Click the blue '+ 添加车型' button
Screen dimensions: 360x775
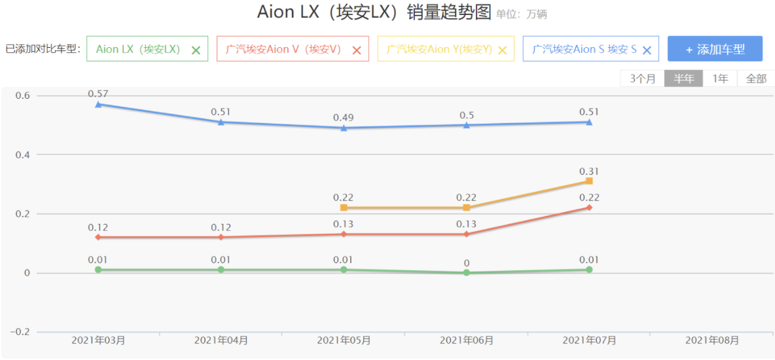(715, 49)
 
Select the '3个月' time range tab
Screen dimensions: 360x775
(642, 79)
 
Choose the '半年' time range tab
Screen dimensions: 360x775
(684, 79)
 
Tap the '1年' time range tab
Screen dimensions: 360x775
(720, 79)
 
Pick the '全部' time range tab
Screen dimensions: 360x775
(756, 79)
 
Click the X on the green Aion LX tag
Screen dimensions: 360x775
(196, 50)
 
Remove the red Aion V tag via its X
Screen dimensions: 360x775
(357, 50)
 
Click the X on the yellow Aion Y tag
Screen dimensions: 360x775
(503, 50)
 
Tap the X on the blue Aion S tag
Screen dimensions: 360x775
(647, 50)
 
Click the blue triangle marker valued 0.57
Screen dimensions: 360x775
(98, 104)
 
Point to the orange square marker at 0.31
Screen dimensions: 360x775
(589, 181)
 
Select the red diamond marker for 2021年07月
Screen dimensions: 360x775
(589, 207)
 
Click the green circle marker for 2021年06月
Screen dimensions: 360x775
(467, 272)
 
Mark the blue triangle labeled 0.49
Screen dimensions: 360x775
(344, 128)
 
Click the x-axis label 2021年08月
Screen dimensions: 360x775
(712, 340)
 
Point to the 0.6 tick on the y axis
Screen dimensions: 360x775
(23, 96)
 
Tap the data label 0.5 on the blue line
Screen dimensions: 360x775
(467, 115)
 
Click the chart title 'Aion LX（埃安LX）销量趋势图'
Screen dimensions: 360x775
(374, 12)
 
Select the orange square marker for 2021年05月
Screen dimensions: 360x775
(344, 207)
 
